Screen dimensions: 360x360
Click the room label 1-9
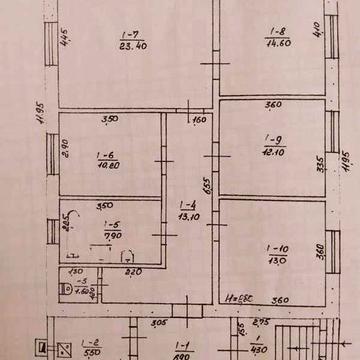click(x=271, y=139)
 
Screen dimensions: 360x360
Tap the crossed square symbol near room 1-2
click(x=63, y=350)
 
